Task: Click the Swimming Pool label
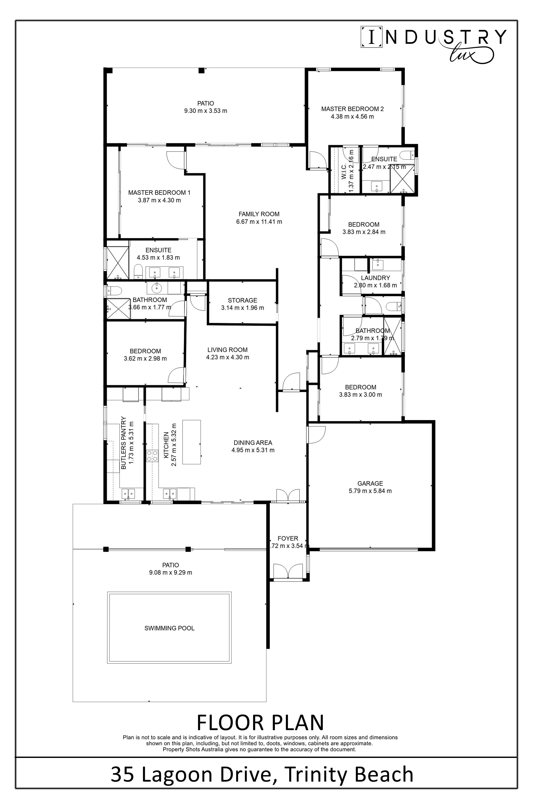169,628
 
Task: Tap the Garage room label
370,483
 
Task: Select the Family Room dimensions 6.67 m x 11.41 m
259,222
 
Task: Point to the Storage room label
242,300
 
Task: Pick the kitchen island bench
191,442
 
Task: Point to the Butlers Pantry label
124,443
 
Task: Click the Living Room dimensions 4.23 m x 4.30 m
227,357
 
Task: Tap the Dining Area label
253,443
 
